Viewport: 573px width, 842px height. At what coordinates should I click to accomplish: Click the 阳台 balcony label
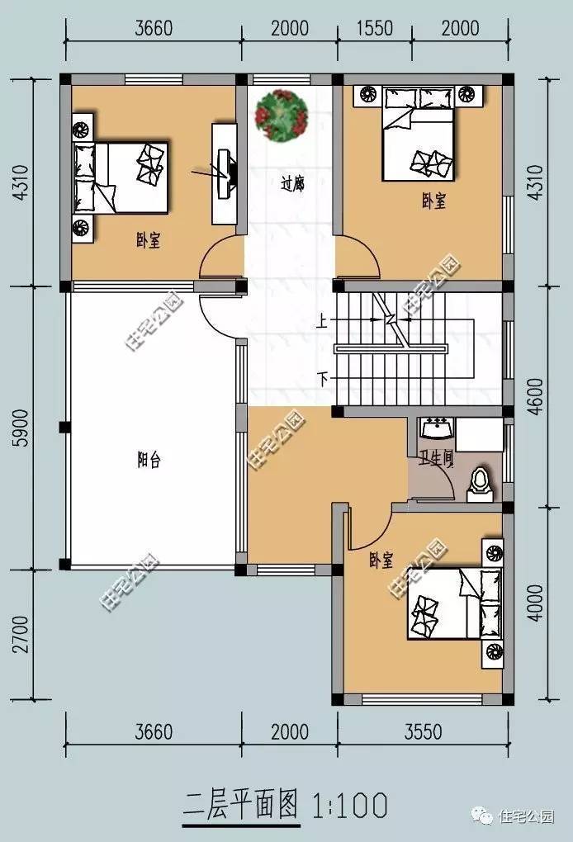click(149, 460)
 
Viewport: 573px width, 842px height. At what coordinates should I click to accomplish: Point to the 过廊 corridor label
click(292, 184)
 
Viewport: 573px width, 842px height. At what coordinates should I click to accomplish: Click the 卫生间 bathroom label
click(437, 458)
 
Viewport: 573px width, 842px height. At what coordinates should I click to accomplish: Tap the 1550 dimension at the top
click(375, 27)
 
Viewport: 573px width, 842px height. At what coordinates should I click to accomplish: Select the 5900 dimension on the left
click(21, 428)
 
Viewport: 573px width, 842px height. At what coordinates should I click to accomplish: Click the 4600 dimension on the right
click(535, 397)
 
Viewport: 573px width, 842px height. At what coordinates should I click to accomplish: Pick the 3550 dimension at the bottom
click(424, 731)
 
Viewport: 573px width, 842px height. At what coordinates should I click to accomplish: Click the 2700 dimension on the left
click(21, 634)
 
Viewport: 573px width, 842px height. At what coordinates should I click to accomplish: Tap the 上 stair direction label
click(322, 320)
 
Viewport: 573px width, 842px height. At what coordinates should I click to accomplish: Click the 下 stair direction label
click(323, 380)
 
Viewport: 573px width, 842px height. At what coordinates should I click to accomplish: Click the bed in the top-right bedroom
click(419, 135)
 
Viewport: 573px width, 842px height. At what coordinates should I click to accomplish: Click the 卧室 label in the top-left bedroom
click(149, 240)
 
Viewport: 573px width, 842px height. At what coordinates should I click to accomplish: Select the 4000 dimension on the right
click(535, 603)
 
